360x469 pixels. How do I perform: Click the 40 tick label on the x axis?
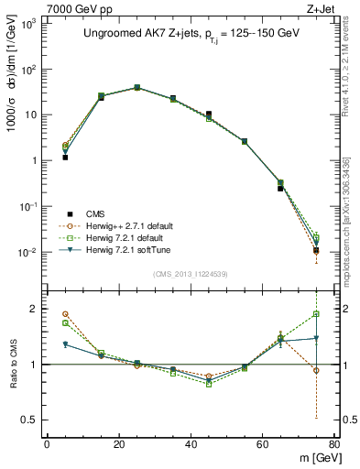tap(191, 444)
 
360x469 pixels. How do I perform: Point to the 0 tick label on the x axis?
tap(47, 444)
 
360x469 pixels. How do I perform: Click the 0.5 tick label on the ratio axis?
tap(29, 420)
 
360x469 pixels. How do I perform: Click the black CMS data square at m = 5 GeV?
tap(65, 158)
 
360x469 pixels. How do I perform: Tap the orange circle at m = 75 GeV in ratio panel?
tap(316, 370)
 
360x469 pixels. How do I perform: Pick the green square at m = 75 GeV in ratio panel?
tap(316, 313)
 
